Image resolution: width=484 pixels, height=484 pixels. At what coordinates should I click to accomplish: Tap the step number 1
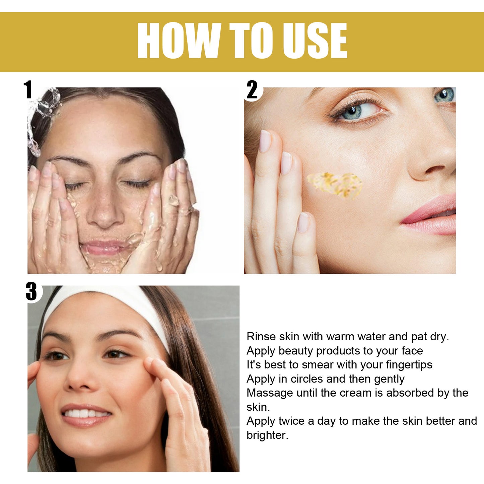[28, 90]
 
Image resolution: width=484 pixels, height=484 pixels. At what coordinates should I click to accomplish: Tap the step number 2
[252, 90]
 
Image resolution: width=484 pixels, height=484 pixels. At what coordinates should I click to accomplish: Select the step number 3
[31, 291]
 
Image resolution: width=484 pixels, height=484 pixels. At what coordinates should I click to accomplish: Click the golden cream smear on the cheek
[335, 184]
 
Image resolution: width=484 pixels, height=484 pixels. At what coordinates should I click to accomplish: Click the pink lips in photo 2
[432, 216]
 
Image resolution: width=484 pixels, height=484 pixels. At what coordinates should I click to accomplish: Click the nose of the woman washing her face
[105, 214]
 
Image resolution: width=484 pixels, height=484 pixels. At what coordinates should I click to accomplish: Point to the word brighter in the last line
[267, 435]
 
